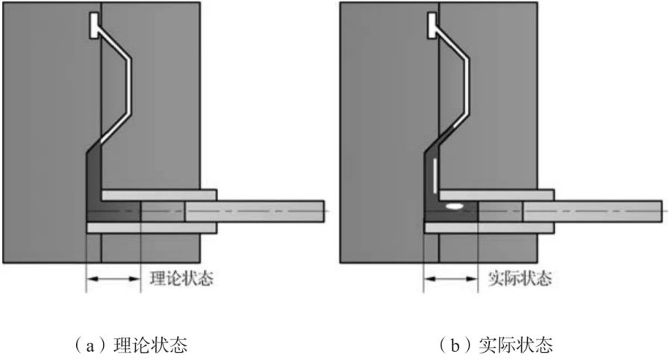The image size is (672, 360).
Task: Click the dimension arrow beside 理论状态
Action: [x=113, y=279]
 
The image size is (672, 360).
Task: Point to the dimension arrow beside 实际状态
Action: [x=451, y=279]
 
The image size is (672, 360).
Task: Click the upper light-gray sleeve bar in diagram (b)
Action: [x=496, y=194]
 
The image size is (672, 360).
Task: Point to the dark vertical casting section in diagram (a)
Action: [x=93, y=179]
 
